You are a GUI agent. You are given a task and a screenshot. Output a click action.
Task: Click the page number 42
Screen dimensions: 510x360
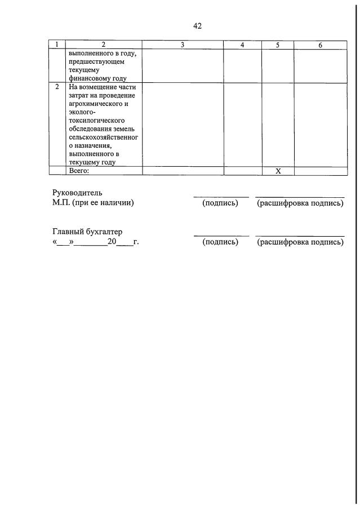pyautogui.click(x=197, y=26)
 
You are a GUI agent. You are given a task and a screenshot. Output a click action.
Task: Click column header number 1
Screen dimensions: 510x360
pyautogui.click(x=57, y=45)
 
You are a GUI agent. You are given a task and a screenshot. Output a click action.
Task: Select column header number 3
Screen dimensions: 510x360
pyautogui.click(x=183, y=45)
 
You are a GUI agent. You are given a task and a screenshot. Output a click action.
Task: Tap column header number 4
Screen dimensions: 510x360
pyautogui.click(x=242, y=45)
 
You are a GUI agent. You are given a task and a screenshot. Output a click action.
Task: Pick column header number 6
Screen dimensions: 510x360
pyautogui.click(x=320, y=45)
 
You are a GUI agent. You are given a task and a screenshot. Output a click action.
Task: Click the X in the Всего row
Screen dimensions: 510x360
pyautogui.click(x=278, y=171)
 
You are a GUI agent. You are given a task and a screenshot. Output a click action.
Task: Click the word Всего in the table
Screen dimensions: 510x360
pyautogui.click(x=79, y=171)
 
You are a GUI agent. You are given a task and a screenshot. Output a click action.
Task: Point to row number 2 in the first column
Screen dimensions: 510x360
pyautogui.click(x=57, y=87)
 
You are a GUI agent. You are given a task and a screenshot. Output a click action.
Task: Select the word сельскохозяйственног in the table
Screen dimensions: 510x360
pyautogui.click(x=103, y=137)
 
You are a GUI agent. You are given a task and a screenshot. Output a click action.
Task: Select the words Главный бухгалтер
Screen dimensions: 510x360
pyautogui.click(x=87, y=232)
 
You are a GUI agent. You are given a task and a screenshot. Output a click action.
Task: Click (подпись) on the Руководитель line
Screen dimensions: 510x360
pyautogui.click(x=220, y=203)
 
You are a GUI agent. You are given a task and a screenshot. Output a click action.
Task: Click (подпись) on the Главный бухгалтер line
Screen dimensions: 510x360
pyautogui.click(x=220, y=242)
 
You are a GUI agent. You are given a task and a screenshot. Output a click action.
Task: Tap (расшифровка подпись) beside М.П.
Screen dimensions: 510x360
pyautogui.click(x=300, y=203)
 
